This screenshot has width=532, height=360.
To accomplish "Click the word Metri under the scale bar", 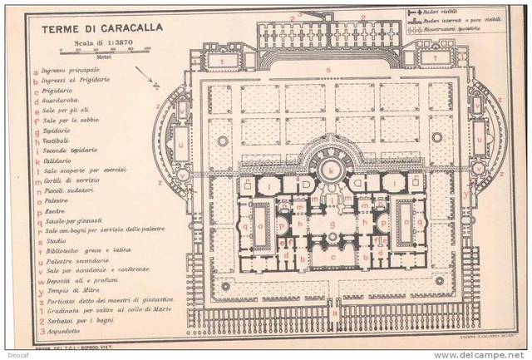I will tap(103, 57).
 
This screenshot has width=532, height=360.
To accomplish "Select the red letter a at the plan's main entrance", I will tap(331, 313).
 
